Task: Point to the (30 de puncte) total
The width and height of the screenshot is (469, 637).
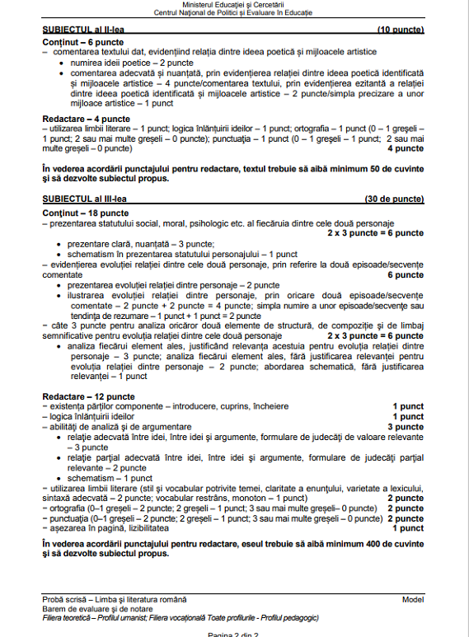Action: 394,199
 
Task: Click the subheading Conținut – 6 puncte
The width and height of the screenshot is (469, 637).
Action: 75,42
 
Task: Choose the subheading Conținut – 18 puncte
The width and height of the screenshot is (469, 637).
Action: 77,213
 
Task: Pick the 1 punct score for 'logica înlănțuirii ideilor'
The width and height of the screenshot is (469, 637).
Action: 408,416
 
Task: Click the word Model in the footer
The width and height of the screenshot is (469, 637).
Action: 413,599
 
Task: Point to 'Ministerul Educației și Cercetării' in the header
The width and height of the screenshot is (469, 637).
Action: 233,6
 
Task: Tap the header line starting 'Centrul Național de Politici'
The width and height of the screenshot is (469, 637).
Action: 233,14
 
